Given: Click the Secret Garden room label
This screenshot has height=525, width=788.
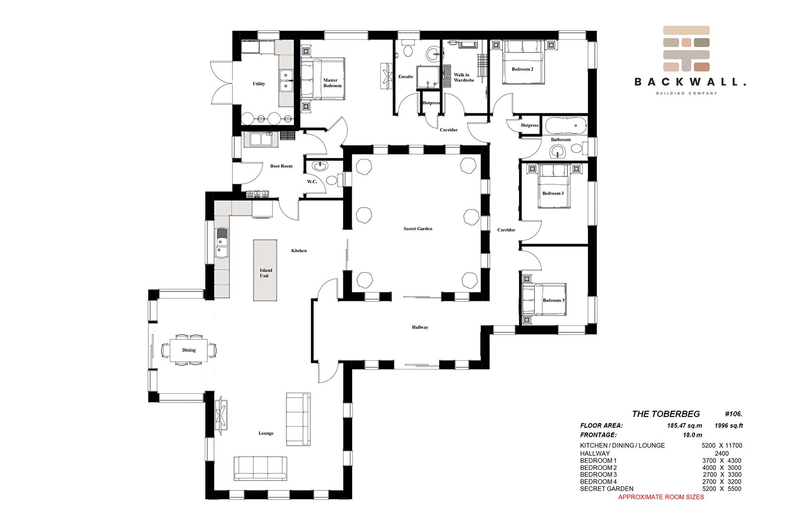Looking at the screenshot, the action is pyautogui.click(x=417, y=228).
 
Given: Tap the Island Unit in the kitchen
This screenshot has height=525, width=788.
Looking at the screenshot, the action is pyautogui.click(x=265, y=270).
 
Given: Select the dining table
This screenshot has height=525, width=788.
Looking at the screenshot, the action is pyautogui.click(x=189, y=350).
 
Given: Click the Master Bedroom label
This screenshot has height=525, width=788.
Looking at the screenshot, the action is pyautogui.click(x=332, y=83).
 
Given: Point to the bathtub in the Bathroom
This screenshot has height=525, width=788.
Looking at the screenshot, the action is pyautogui.click(x=566, y=125).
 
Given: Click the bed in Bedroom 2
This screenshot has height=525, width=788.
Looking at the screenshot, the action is pyautogui.click(x=523, y=62).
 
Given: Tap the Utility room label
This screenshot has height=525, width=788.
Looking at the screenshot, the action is pyautogui.click(x=259, y=84).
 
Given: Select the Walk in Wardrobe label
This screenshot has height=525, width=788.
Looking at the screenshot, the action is pyautogui.click(x=464, y=77).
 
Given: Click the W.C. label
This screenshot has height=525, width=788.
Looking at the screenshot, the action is pyautogui.click(x=312, y=181).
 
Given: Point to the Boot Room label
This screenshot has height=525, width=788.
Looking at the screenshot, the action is pyautogui.click(x=281, y=166).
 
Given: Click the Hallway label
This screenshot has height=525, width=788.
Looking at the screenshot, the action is pyautogui.click(x=420, y=327).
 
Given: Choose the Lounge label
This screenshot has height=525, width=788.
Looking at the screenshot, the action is pyautogui.click(x=266, y=433).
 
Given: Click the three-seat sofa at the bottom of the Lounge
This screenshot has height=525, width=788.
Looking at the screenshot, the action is pyautogui.click(x=260, y=469).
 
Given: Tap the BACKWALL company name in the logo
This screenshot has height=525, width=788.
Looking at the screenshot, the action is pyautogui.click(x=690, y=82).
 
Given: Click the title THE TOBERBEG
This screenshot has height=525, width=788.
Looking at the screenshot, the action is pyautogui.click(x=666, y=414).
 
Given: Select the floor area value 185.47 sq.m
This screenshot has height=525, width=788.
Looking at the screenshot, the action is pyautogui.click(x=684, y=425).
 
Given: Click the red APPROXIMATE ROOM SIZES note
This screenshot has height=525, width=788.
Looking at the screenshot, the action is pyautogui.click(x=661, y=497).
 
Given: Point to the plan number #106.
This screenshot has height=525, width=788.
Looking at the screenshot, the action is pyautogui.click(x=734, y=414).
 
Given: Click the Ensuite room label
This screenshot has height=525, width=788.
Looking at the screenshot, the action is pyautogui.click(x=406, y=77).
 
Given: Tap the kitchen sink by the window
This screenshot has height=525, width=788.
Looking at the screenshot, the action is pyautogui.click(x=221, y=243).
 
